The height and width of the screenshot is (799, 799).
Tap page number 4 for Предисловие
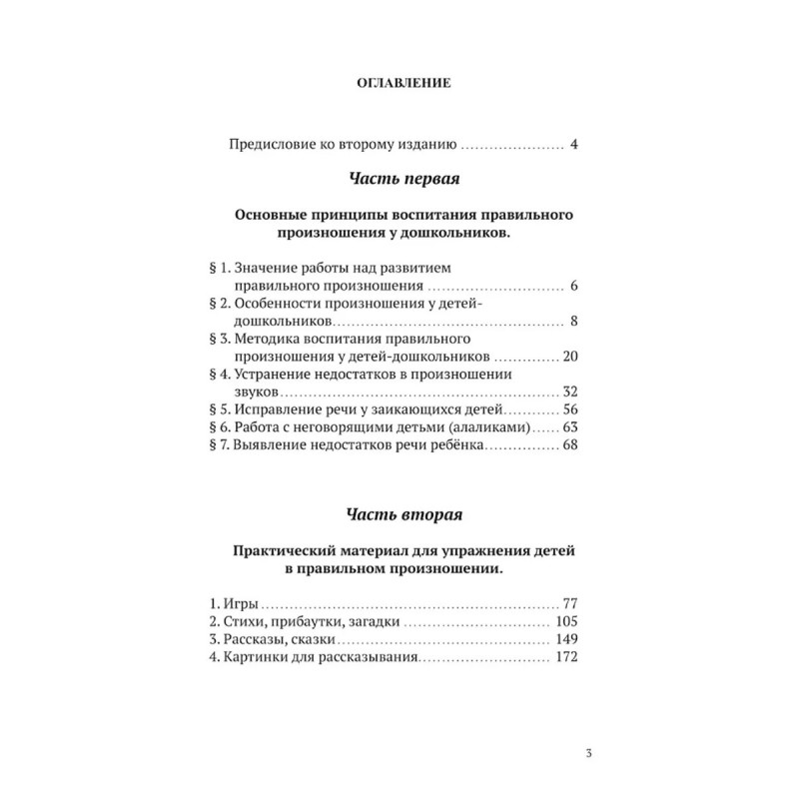[x=574, y=144]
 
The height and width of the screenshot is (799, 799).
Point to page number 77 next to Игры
[x=571, y=604]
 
